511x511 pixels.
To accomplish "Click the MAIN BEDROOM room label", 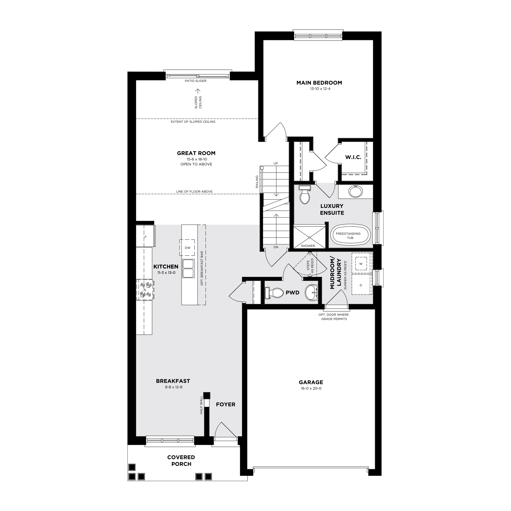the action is pyautogui.click(x=319, y=83).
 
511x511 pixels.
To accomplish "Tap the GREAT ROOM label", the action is pyautogui.click(x=196, y=153).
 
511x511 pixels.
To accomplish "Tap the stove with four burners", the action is pyautogui.click(x=145, y=290).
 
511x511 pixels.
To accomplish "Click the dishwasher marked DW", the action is pyautogui.click(x=187, y=248).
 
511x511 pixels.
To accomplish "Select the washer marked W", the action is pyautogui.click(x=361, y=264).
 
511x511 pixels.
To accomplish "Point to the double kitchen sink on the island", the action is pyautogui.click(x=188, y=268).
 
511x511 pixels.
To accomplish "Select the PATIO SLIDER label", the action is pyautogui.click(x=196, y=81).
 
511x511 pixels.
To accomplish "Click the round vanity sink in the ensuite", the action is pyautogui.click(x=355, y=192).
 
